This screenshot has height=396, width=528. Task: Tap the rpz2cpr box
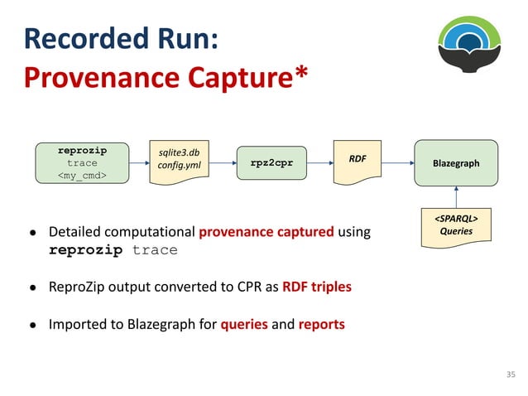coord(271,163)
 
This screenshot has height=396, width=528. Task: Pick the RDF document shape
coord(357,161)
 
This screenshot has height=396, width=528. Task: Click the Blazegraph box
coord(455,163)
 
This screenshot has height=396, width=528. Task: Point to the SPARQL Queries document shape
coord(455,226)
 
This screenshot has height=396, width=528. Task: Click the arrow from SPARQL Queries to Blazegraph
coord(455,197)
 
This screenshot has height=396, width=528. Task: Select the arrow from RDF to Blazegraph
coord(397,163)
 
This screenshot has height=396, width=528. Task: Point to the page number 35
coord(510,375)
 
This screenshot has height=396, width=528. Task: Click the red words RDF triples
coord(317,287)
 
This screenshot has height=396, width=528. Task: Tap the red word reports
coord(322,324)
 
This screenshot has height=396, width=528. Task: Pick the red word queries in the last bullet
coord(244,324)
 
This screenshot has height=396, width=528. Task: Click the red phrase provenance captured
coord(266,232)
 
